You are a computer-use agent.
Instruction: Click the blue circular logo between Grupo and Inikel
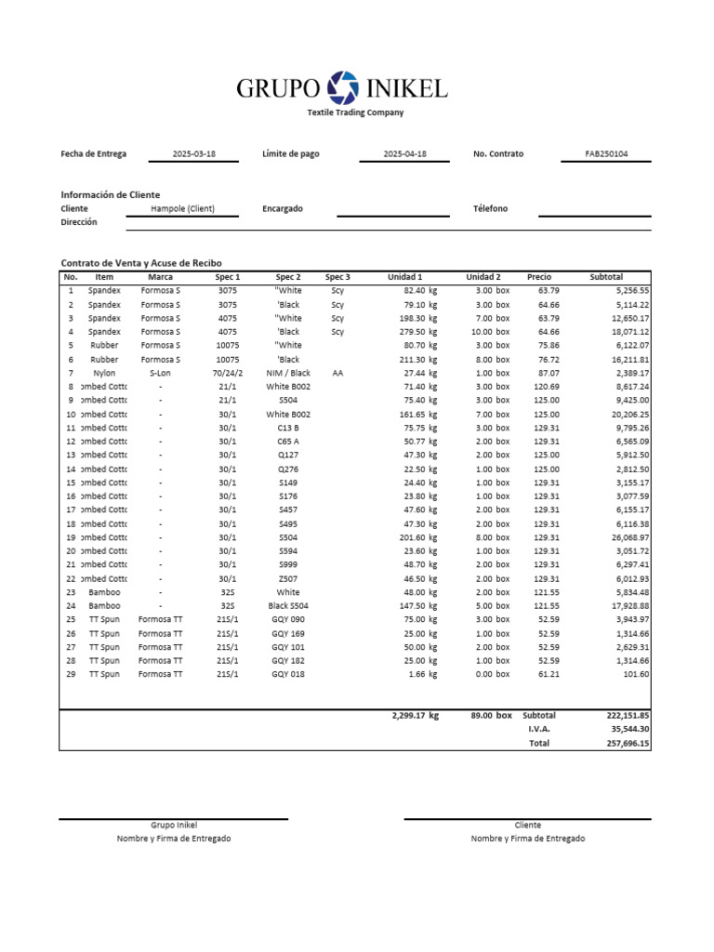343,87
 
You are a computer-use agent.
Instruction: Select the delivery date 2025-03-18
193,154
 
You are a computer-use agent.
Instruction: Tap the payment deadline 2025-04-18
404,154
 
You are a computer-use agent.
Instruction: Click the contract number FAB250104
606,154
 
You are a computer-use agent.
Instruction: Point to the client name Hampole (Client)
182,209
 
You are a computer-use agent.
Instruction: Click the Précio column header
539,277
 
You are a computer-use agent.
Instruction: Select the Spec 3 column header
337,277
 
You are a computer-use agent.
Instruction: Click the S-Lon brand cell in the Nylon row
160,373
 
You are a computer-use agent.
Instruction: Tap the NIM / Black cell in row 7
288,373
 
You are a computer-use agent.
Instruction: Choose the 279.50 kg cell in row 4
415,332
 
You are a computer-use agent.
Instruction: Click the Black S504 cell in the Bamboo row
288,605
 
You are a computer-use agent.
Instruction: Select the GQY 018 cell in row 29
288,674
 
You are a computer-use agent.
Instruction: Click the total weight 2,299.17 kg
415,716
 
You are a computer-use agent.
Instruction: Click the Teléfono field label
490,209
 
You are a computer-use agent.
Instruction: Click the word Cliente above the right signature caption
527,826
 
